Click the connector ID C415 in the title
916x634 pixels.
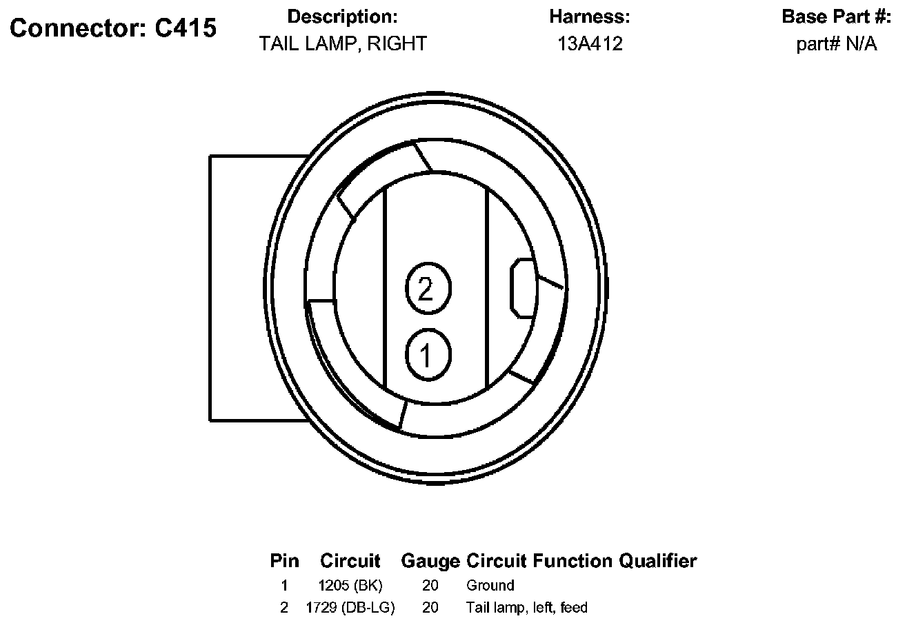point(183,28)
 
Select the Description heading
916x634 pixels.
point(342,17)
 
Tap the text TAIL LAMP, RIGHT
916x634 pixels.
point(343,44)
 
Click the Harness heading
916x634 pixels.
point(590,17)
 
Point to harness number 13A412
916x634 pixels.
point(590,44)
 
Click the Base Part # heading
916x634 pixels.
point(837,17)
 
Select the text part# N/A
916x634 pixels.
point(837,44)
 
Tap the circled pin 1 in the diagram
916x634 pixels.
point(427,355)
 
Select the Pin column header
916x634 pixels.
point(284,561)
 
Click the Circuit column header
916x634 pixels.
point(350,561)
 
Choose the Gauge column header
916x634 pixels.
point(430,561)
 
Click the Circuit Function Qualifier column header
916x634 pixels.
point(581,561)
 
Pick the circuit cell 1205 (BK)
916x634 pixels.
point(350,586)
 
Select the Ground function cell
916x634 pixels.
point(490,586)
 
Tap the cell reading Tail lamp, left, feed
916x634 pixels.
point(527,608)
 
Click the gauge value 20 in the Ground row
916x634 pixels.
point(430,586)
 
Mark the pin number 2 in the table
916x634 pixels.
point(284,608)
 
